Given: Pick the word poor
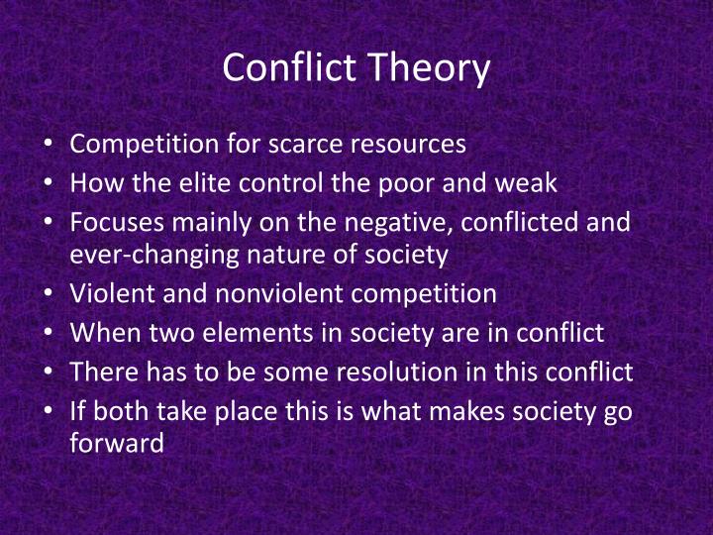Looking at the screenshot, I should tap(432, 182).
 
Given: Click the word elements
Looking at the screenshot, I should tap(284, 333).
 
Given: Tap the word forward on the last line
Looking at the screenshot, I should tap(117, 444).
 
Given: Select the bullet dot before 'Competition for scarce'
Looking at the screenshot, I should tap(50, 145).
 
